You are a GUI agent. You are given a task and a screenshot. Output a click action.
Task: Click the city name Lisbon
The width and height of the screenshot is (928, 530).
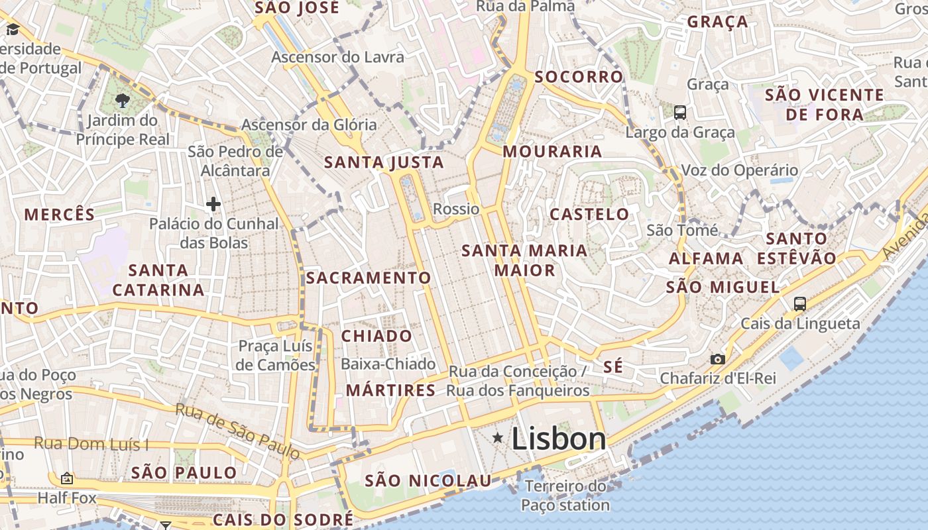559,439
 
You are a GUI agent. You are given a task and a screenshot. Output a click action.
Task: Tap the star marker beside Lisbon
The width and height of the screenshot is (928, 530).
498,438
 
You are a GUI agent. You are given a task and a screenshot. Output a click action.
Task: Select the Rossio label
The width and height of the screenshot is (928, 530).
456,209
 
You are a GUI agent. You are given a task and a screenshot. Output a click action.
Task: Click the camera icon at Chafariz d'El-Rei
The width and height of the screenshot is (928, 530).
717,359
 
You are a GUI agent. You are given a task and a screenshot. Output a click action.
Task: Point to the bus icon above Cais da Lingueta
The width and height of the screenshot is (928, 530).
800,304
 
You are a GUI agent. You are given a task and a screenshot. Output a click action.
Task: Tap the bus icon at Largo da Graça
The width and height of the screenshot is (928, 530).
680,113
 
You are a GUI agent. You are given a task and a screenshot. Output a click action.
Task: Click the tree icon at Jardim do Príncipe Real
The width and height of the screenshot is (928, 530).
122,101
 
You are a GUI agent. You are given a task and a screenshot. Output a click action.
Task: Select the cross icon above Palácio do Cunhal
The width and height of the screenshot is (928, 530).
213,204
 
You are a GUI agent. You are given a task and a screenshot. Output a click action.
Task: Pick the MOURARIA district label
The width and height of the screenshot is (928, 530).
552,152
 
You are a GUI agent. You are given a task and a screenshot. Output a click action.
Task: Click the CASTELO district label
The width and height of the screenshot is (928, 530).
589,215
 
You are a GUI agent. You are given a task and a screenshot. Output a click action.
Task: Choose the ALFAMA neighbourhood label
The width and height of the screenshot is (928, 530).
706,259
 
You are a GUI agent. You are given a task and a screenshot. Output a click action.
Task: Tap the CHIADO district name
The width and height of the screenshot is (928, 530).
377,336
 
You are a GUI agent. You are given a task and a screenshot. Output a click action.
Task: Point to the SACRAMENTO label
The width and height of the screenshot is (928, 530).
369,278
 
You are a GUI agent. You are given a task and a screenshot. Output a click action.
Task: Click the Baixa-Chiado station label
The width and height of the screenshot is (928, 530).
388,364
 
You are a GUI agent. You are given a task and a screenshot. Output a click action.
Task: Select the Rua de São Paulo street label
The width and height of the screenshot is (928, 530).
238,430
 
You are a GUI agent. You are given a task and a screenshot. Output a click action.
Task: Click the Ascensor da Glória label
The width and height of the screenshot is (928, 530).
308,125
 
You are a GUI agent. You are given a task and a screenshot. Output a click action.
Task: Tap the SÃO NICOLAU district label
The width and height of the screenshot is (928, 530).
428,480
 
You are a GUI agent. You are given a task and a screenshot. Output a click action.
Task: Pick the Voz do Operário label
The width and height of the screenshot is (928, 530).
740,170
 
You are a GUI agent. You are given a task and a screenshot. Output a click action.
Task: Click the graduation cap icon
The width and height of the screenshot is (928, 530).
13,29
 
